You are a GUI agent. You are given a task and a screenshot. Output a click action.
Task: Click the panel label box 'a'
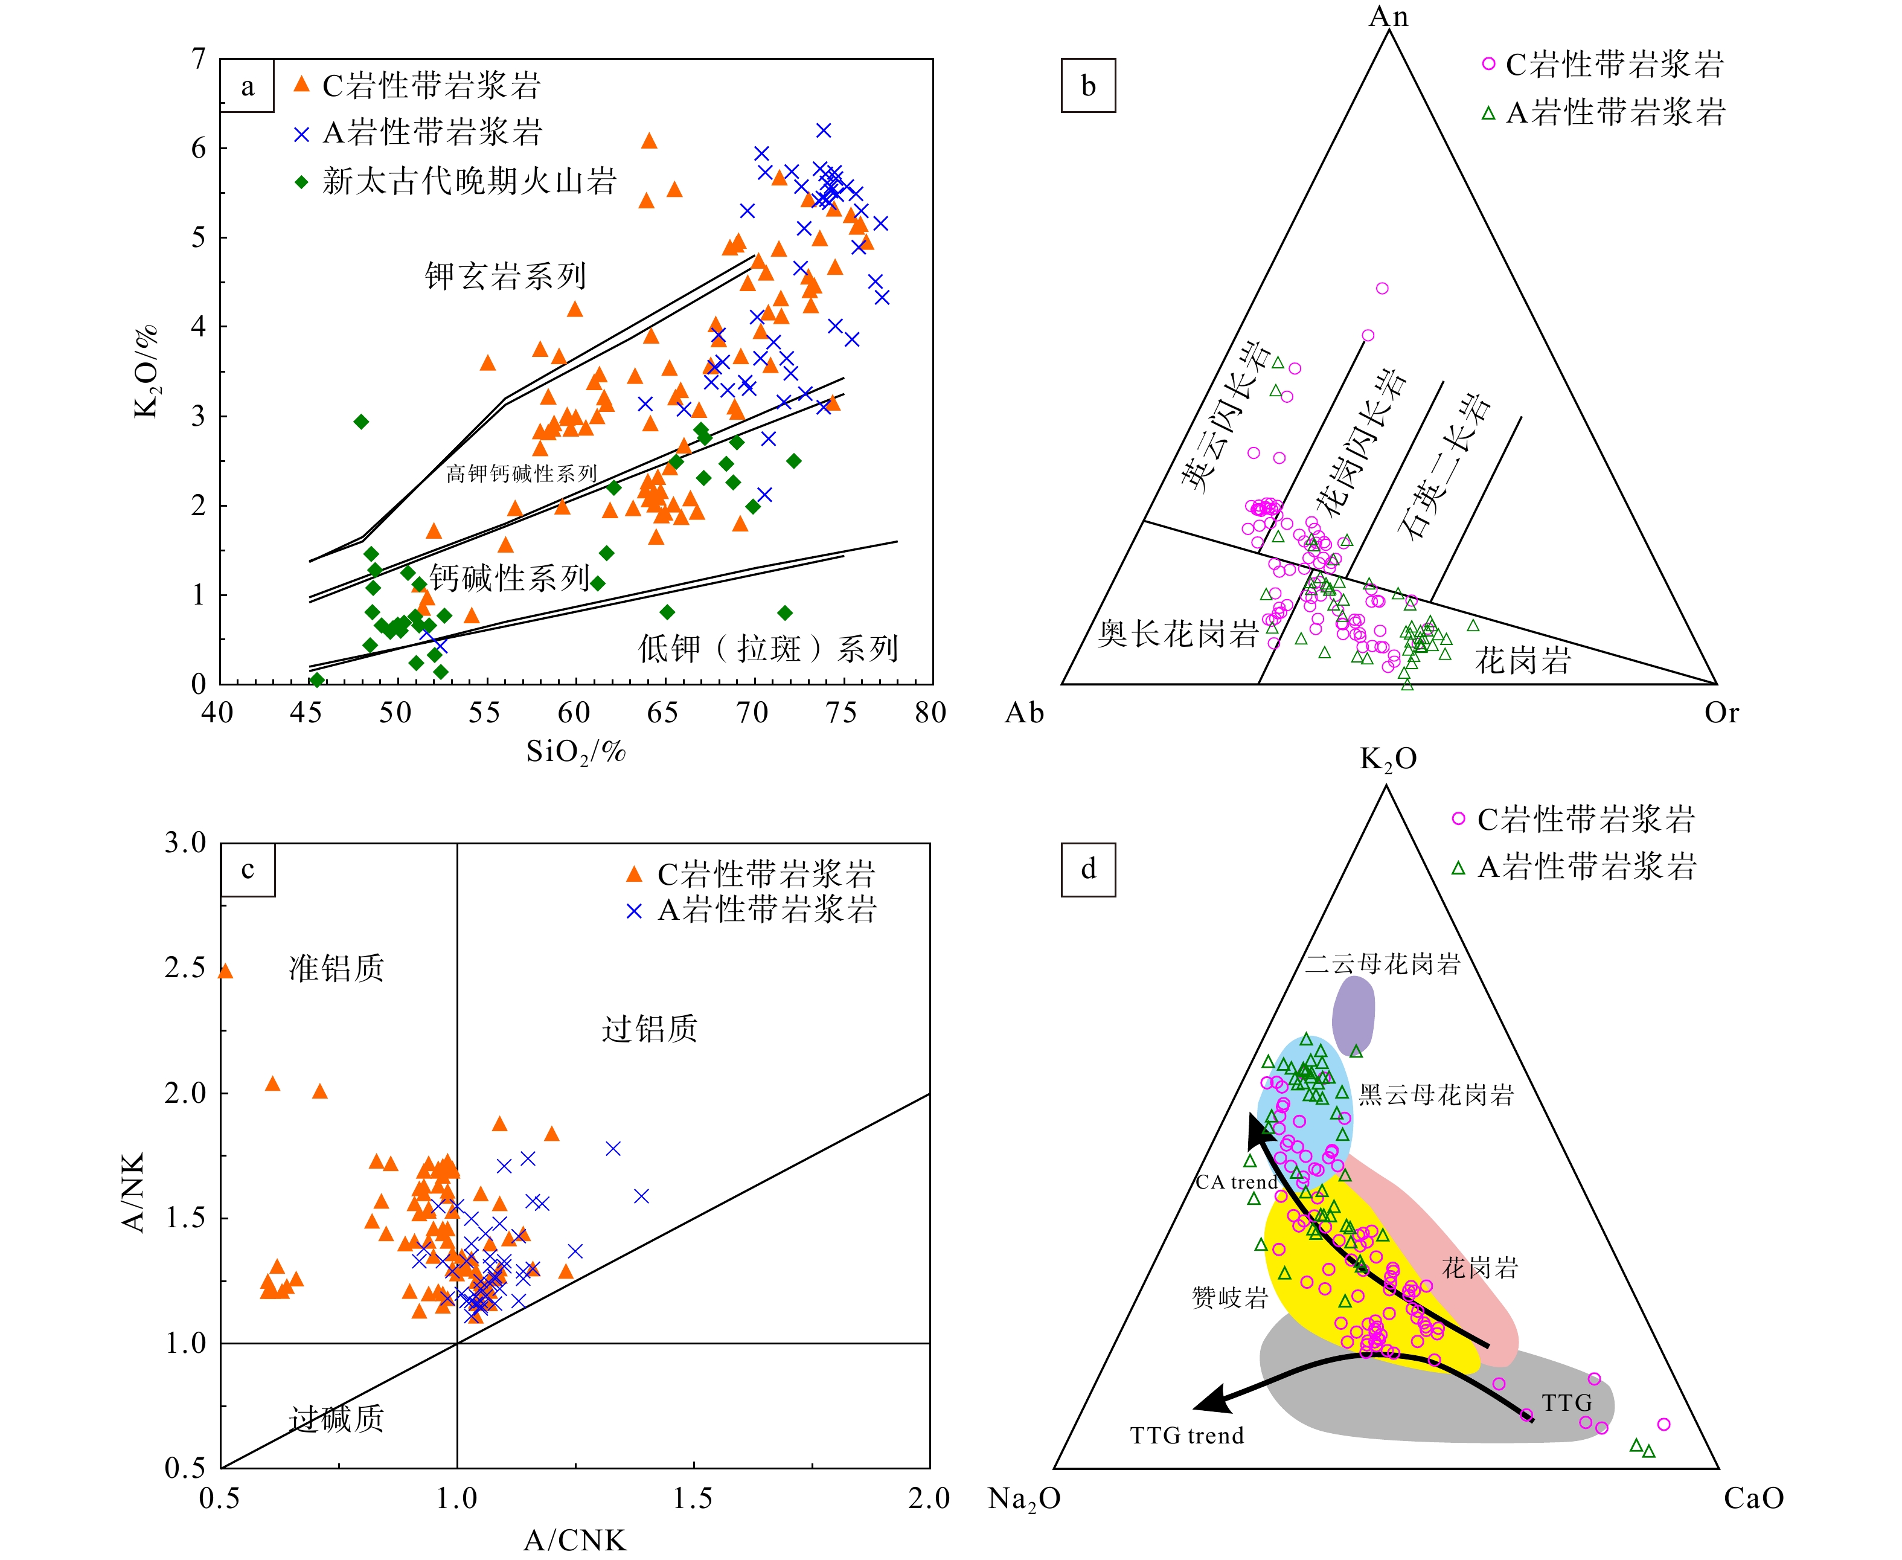click(x=247, y=86)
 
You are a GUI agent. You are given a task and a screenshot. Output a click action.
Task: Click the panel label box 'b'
click(x=1088, y=86)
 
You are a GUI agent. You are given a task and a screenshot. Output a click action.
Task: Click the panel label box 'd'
click(x=1088, y=870)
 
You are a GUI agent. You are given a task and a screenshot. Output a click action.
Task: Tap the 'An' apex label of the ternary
click(x=1388, y=16)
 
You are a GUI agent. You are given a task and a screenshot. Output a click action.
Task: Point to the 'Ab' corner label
click(x=1024, y=713)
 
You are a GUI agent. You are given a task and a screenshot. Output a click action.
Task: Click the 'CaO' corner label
click(x=1753, y=1498)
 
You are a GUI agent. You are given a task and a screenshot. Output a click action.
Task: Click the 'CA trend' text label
click(x=1236, y=1182)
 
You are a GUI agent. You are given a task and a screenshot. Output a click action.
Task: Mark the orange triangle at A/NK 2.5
click(x=225, y=971)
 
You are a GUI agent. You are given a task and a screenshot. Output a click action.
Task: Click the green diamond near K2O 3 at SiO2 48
click(x=361, y=422)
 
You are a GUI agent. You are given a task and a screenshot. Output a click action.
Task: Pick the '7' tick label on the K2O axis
click(x=199, y=59)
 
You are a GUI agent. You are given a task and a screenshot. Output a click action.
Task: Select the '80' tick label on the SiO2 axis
click(x=930, y=713)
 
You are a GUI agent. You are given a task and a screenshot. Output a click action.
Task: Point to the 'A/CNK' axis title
click(x=575, y=1539)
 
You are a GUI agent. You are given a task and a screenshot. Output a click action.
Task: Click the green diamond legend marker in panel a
click(x=302, y=182)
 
